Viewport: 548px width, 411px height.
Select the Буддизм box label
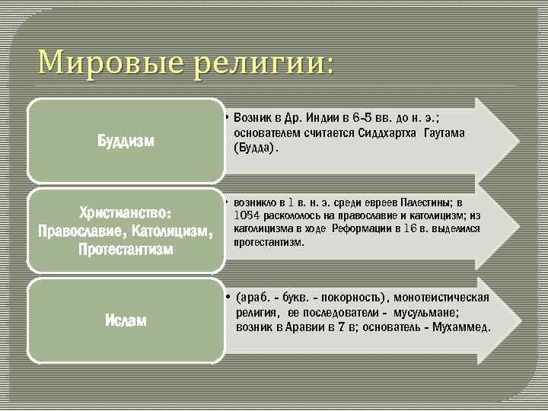[126, 141]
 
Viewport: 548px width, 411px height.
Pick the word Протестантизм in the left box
[126, 249]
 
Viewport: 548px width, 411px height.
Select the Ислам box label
[126, 320]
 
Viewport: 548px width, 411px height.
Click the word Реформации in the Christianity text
[363, 228]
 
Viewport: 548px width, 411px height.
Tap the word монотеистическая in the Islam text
[442, 297]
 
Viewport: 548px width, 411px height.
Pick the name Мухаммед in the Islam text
[461, 327]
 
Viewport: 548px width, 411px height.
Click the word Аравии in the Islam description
[304, 327]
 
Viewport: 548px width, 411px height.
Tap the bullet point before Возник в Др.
[228, 119]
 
